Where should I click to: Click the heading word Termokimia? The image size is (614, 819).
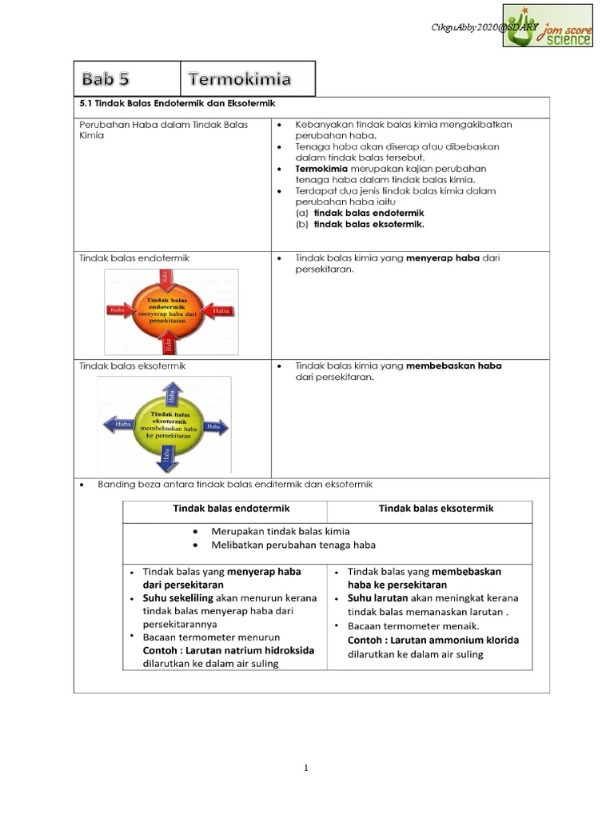(240, 79)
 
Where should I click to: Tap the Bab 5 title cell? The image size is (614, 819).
(127, 79)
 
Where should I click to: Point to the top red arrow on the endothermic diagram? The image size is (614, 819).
(166, 278)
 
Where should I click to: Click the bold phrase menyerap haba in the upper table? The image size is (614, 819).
(445, 258)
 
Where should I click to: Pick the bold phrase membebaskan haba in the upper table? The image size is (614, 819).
(453, 366)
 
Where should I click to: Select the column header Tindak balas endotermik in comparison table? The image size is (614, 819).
(231, 509)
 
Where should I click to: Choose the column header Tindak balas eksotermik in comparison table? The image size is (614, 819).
(436, 509)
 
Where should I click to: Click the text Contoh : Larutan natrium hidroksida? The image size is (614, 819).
(228, 650)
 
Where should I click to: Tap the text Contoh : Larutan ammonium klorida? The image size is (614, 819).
(433, 641)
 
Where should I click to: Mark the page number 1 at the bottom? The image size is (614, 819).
(306, 769)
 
